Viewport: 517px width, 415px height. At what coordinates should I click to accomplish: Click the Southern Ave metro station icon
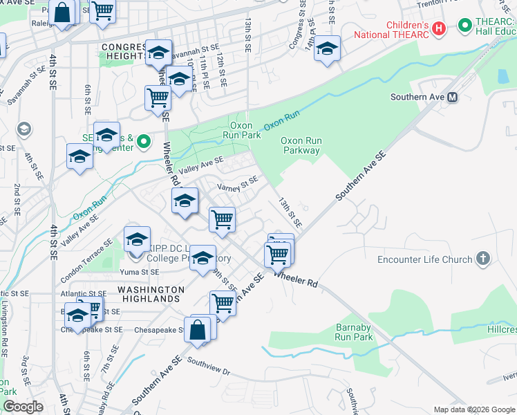click(453, 98)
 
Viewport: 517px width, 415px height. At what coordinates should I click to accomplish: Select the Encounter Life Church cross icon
click(482, 259)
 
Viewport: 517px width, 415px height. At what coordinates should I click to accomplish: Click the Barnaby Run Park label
click(355, 332)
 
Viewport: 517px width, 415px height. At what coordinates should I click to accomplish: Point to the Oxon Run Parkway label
click(301, 145)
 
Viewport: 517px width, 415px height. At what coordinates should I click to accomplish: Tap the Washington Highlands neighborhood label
click(150, 294)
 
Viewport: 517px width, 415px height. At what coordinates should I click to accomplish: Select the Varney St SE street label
click(238, 185)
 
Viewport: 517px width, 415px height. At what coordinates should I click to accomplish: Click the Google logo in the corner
click(23, 407)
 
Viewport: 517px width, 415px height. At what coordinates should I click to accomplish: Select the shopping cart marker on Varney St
click(222, 220)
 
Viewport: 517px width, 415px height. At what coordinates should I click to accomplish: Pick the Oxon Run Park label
click(245, 131)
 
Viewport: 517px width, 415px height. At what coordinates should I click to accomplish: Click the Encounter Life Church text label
click(424, 260)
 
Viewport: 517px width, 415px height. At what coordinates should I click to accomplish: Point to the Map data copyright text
click(474, 409)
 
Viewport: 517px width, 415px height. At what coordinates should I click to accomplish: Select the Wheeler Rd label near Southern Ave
click(296, 279)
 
